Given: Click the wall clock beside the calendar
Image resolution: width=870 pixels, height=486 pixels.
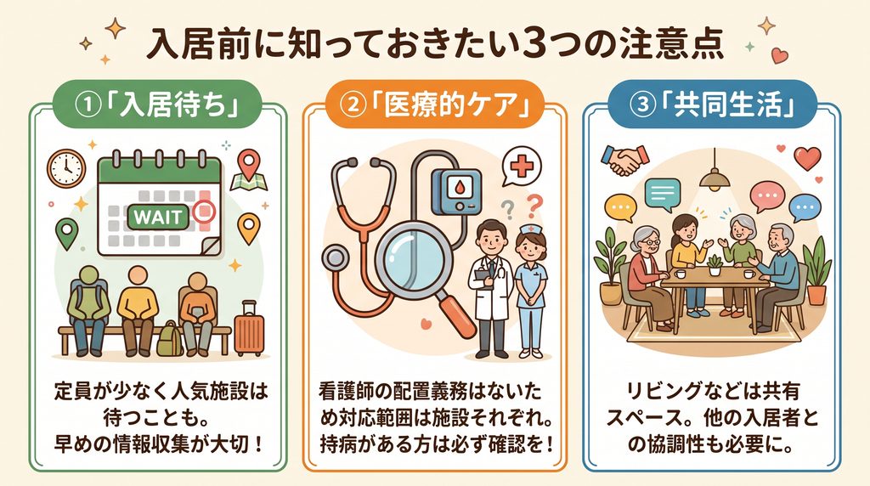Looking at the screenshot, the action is coord(66,168).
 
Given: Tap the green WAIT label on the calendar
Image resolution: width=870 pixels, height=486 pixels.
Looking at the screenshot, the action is coord(157,217).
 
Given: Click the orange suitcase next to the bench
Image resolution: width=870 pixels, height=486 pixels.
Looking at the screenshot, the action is coord(249,329).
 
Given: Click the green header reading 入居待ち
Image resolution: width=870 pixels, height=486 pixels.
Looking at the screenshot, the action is coord(157,105).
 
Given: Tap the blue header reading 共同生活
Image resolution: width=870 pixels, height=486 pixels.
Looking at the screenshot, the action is coord(712,105).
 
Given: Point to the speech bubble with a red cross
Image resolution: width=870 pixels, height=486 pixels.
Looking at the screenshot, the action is coord(521,167).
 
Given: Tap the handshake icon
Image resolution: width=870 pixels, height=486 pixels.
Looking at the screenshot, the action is coord(625,160).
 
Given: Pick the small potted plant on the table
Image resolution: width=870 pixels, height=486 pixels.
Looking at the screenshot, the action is coord(715,265).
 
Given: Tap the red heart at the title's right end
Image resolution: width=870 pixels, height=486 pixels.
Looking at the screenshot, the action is coord(779,55).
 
